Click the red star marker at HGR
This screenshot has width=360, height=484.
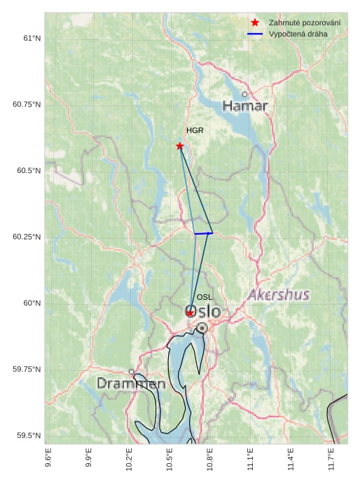[180, 146]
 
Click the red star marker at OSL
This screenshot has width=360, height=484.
[190, 313]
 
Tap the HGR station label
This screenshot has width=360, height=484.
[195, 131]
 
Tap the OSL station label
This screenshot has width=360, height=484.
[205, 298]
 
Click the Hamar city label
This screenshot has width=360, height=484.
[245, 106]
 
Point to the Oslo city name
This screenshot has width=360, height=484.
[203, 312]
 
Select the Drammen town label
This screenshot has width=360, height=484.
[131, 384]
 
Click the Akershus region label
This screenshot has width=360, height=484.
[279, 295]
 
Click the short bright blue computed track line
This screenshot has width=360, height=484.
[203, 233]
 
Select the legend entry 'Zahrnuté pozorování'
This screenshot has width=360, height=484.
[299, 23]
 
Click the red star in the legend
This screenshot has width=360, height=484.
[255, 23]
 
